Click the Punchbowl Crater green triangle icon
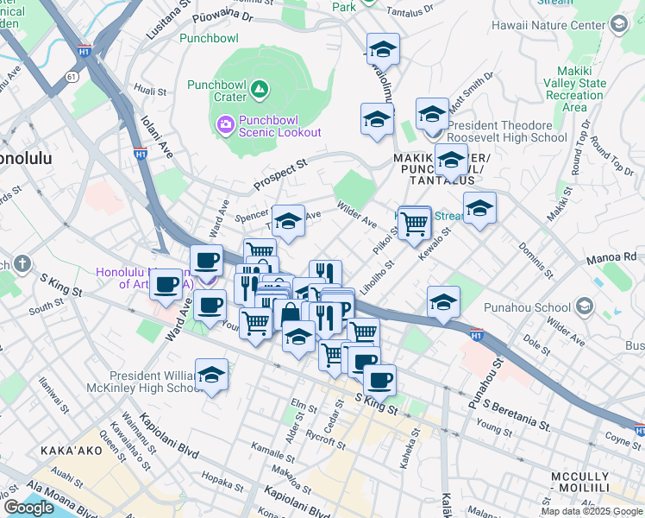click(x=259, y=88)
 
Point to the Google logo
click(x=28, y=508)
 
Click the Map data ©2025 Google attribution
click(x=592, y=511)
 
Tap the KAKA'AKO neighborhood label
click(x=72, y=452)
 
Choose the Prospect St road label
click(x=279, y=175)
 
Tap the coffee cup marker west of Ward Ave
click(x=166, y=283)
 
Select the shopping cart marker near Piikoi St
click(x=415, y=223)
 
